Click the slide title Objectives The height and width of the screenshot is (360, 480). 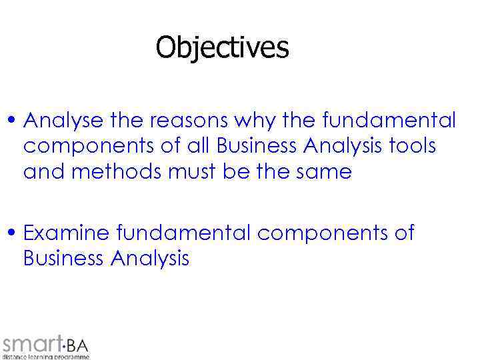223,48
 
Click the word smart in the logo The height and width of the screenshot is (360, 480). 31,344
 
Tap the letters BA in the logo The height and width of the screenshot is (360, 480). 78,345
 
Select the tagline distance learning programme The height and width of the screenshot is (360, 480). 45,357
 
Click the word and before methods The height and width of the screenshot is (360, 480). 45,171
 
